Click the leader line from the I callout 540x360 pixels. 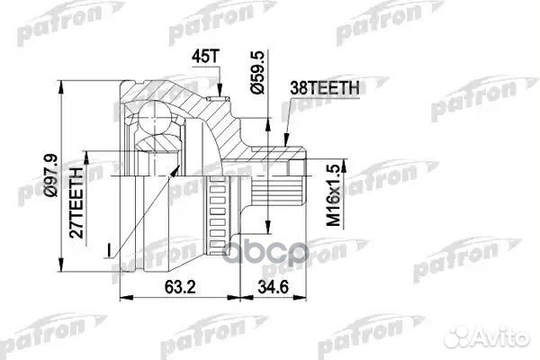(122, 236)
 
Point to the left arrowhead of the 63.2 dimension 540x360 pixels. (122, 295)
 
